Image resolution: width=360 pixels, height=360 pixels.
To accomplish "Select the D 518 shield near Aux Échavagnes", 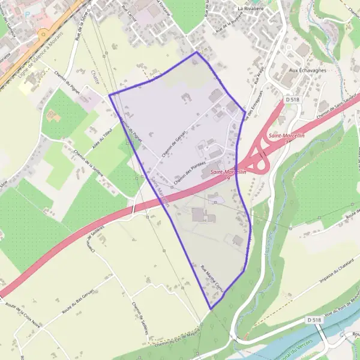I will coord(292,98).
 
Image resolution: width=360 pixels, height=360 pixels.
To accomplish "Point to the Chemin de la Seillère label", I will coord(90,162).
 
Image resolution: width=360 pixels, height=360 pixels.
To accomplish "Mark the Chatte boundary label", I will coord(94,77).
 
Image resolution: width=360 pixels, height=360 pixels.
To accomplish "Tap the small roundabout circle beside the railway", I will coord(43,35).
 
